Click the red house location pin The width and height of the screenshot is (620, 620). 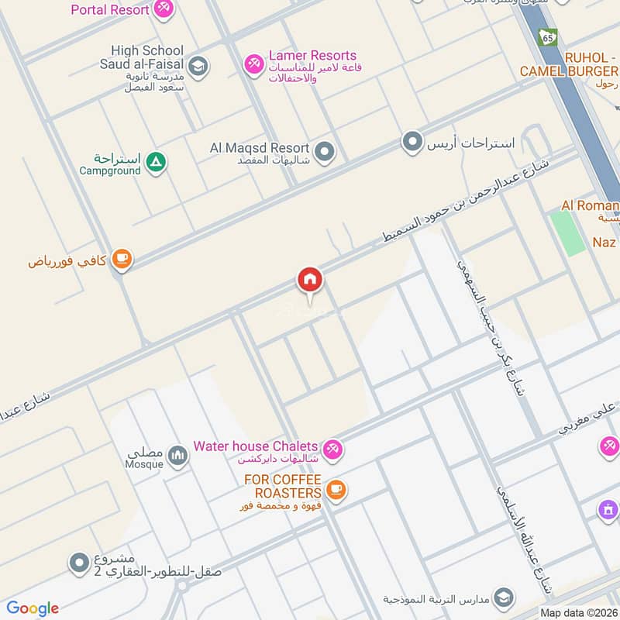pos(310,280)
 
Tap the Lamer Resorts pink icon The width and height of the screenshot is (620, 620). pos(253,63)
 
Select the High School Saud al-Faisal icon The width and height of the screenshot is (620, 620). pos(198,66)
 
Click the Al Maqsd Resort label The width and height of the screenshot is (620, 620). pos(260,147)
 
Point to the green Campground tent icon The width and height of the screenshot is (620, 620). pos(157,162)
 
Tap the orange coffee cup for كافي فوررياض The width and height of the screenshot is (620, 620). pos(121,260)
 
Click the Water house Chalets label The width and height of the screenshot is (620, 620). pos(256,446)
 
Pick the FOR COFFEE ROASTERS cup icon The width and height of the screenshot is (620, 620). pos(336,489)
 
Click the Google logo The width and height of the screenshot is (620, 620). pos(33,608)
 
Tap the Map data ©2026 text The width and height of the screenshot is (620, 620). pos(579,612)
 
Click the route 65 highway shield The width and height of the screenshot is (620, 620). pos(549,36)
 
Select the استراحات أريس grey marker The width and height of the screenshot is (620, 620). pos(412,142)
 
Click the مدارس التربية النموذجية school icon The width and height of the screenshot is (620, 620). pos(505,598)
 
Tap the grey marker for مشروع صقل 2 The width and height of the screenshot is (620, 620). pos(79,563)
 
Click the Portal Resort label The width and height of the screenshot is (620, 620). pos(109,10)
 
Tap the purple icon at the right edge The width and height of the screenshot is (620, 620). pos(608,510)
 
